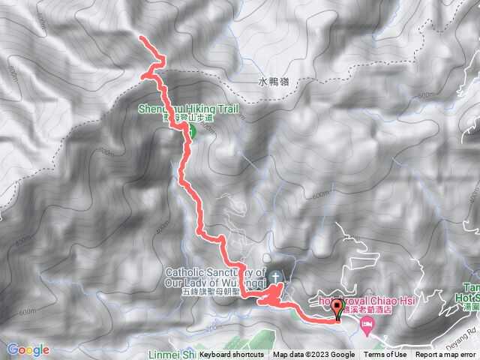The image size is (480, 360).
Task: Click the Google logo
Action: pos(28,349)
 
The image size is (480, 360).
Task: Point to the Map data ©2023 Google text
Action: pos(314,355)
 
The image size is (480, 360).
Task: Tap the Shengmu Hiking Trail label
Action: pos(187,109)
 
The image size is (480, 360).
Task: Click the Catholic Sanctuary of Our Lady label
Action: pos(216,277)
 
